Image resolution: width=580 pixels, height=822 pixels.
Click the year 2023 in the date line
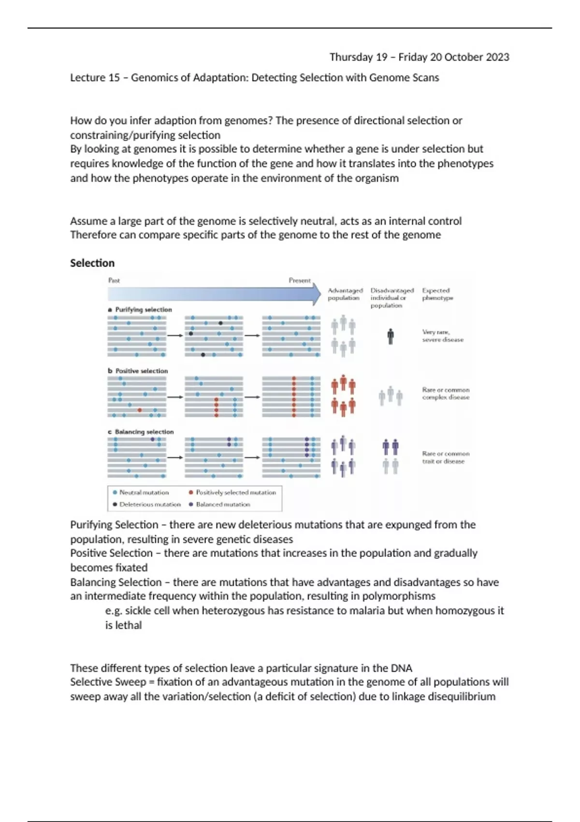[497, 57]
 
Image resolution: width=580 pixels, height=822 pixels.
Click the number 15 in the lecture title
[114, 77]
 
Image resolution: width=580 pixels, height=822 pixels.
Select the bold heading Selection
[92, 263]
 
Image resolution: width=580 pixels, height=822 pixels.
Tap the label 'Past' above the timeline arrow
[114, 280]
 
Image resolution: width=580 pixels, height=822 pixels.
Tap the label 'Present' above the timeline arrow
[300, 280]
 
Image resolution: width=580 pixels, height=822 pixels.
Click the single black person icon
[391, 336]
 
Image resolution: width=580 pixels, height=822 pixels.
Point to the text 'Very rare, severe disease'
[442, 336]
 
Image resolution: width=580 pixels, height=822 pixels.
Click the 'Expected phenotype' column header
[437, 294]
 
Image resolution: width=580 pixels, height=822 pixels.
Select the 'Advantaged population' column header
[345, 294]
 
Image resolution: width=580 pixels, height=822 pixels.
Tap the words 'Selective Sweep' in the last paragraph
[108, 682]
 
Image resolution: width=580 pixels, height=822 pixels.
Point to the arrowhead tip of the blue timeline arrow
[320, 294]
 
